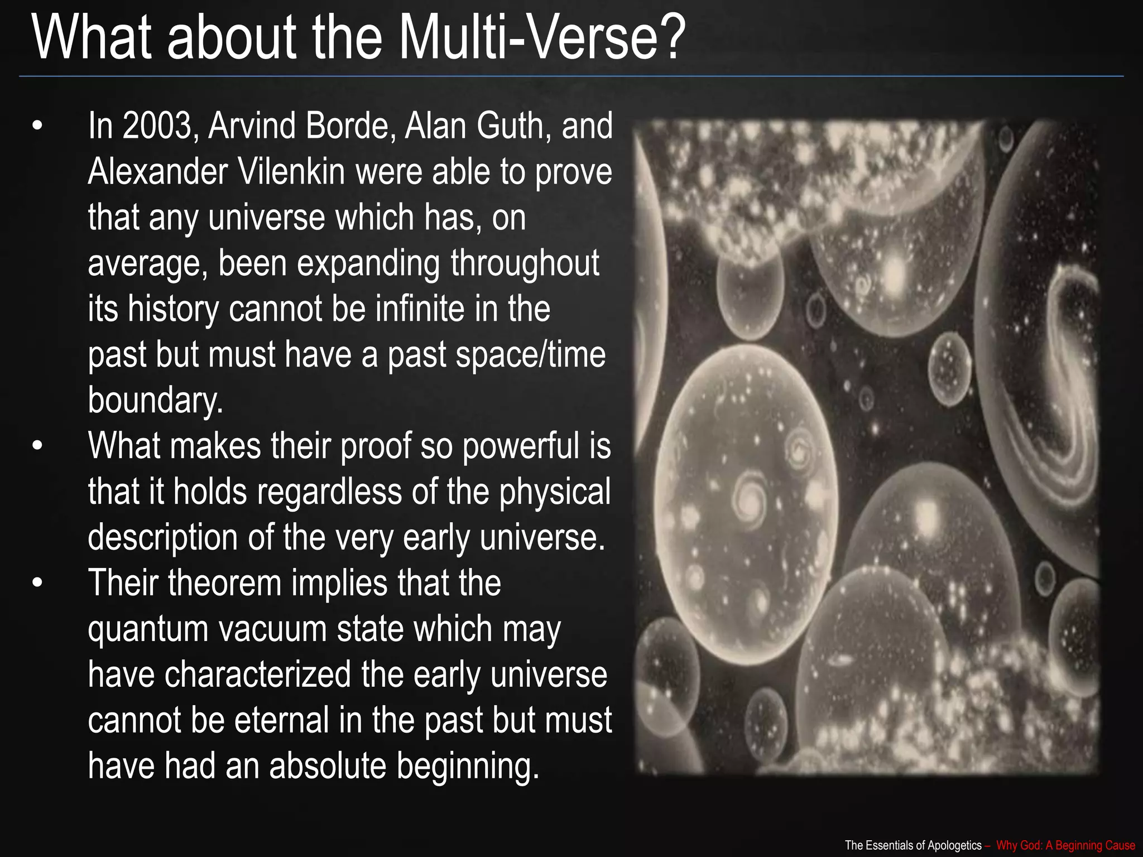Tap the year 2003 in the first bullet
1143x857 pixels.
(x=156, y=126)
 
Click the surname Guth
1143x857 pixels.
(x=510, y=126)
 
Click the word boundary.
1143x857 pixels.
(x=155, y=401)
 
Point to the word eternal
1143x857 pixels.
(x=281, y=720)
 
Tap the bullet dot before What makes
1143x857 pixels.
(x=37, y=446)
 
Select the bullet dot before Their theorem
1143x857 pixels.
(x=37, y=584)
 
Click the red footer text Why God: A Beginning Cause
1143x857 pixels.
(x=1065, y=845)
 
